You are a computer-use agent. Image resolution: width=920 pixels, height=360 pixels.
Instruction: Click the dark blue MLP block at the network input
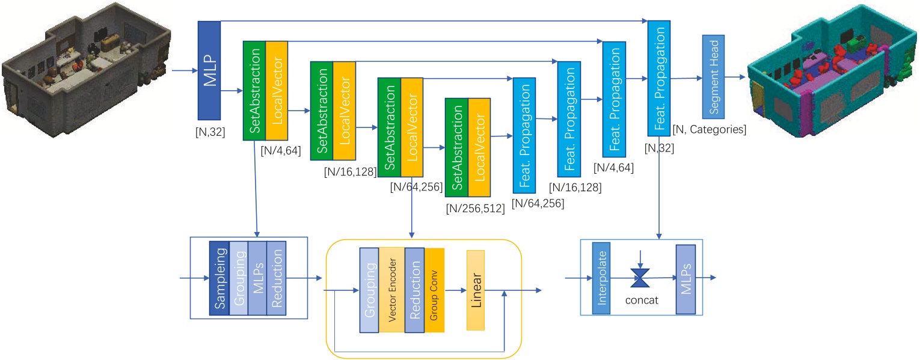pos(209,70)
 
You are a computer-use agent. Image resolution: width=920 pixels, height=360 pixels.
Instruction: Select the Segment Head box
pos(713,85)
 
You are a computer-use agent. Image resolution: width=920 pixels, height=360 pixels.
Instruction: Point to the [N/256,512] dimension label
pos(474,209)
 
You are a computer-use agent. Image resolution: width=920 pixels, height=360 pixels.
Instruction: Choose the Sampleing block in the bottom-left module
pos(218,278)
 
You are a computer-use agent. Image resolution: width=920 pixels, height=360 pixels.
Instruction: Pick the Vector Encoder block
pos(391,290)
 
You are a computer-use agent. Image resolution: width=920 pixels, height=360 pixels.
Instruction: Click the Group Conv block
pos(434,290)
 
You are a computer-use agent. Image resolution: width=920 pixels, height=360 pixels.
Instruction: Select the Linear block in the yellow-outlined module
pos(475,290)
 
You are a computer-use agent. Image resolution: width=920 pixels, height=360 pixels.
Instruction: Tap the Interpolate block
pos(601,278)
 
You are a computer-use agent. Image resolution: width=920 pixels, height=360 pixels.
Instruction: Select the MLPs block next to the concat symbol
pos(686,279)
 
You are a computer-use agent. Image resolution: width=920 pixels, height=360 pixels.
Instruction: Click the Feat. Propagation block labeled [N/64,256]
pos(524,133)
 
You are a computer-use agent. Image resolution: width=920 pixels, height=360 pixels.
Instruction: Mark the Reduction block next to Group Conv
pos(414,290)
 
